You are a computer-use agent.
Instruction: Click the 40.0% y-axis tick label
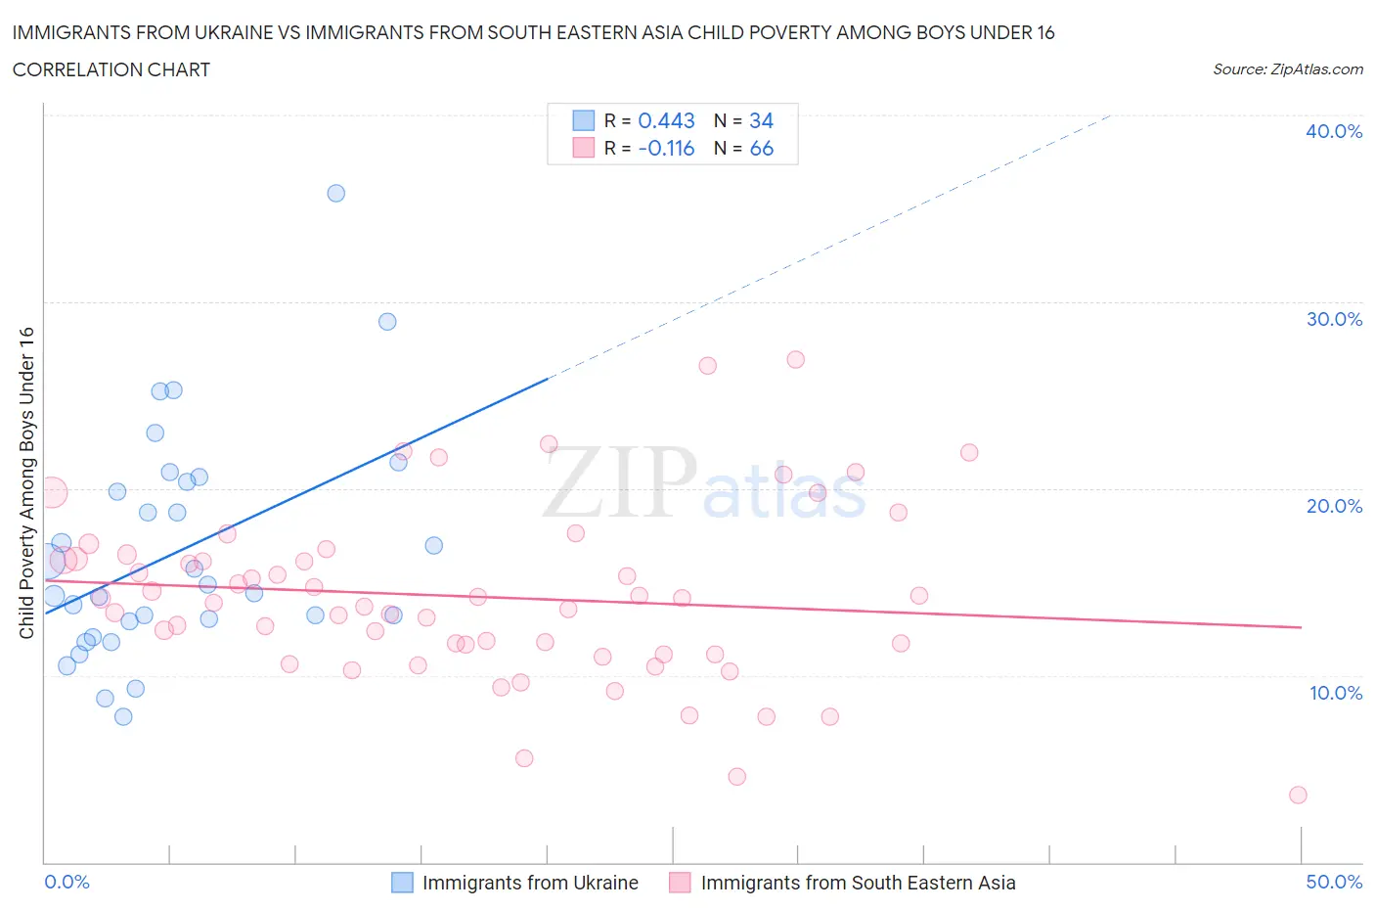tap(1333, 131)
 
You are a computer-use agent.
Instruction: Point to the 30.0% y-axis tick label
tap(1333, 319)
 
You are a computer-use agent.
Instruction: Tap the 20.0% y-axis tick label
tap(1333, 506)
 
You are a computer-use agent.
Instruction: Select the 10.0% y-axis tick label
tap(1335, 693)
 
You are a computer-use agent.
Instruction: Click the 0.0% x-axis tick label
tap(67, 882)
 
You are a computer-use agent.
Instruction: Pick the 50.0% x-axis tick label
tap(1334, 882)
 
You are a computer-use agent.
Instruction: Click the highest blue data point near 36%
tap(335, 193)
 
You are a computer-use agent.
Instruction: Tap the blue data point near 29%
tap(387, 321)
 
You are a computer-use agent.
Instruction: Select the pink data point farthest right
tap(1298, 795)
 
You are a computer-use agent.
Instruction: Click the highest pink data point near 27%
tap(795, 359)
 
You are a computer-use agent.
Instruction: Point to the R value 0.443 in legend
tap(666, 120)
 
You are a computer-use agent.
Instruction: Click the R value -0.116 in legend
tap(666, 148)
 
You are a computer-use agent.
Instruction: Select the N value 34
tap(761, 120)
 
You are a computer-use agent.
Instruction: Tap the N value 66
tap(761, 148)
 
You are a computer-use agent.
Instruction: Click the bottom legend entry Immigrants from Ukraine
tap(529, 883)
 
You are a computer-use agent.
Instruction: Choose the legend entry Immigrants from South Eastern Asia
tap(858, 883)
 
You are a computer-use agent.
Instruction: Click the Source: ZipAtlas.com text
tap(1287, 69)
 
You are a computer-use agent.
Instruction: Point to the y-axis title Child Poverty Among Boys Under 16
tap(26, 482)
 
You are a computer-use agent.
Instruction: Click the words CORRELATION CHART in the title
tap(111, 69)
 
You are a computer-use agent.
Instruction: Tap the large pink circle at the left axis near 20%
tap(52, 492)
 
